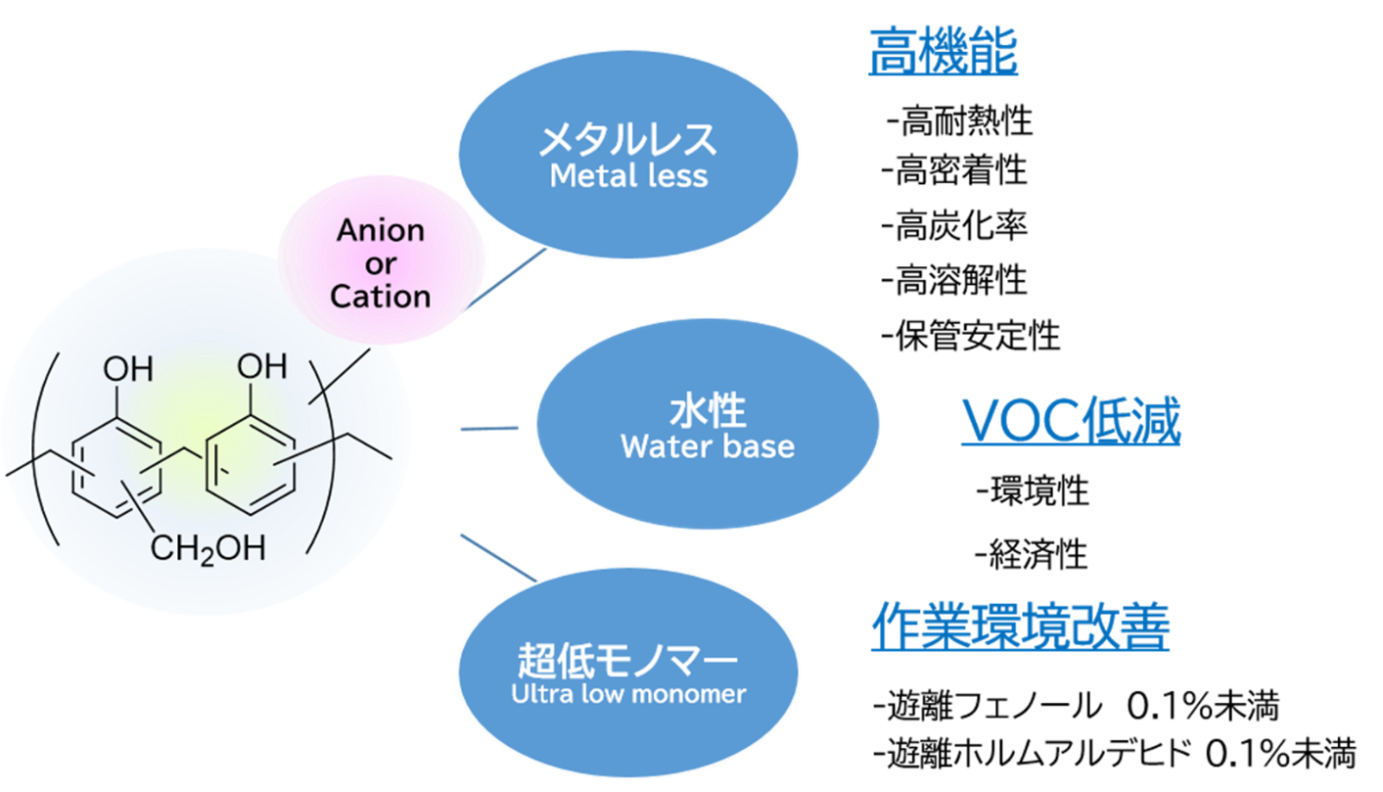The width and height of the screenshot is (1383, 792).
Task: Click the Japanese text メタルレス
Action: (627, 141)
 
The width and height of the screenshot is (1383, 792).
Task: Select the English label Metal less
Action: (627, 176)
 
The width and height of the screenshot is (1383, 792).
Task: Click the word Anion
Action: (381, 231)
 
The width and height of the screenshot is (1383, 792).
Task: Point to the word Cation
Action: (381, 296)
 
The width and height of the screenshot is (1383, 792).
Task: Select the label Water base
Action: (708, 446)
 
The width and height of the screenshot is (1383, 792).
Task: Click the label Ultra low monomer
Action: (627, 694)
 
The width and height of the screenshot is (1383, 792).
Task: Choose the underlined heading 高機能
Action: (944, 52)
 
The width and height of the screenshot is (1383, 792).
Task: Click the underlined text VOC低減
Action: (1071, 422)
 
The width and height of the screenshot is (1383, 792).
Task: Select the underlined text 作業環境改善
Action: (1020, 627)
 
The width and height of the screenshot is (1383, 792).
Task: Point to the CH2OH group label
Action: (207, 549)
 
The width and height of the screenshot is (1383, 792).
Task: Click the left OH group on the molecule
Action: (128, 370)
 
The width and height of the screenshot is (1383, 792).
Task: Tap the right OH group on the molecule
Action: (262, 368)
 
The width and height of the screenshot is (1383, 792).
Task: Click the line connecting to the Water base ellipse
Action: (489, 428)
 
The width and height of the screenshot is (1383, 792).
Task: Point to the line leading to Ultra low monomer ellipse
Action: (497, 557)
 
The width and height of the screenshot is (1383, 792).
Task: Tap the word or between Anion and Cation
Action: (381, 263)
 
